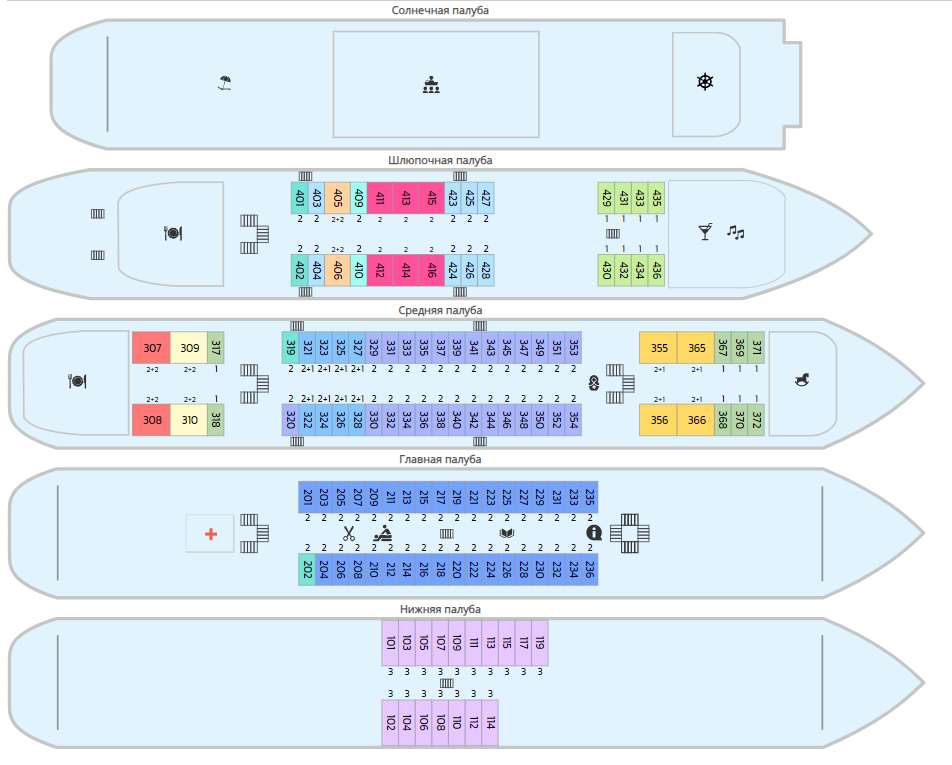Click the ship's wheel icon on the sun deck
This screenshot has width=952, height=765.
pos(705,82)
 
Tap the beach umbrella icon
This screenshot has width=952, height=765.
pos(225,83)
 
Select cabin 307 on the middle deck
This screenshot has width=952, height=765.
pos(152,348)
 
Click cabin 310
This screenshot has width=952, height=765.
pos(189,420)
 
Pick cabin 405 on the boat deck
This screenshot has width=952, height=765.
pos(337,198)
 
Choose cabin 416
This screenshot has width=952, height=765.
pos(431,270)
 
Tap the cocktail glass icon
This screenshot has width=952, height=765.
pos(705,232)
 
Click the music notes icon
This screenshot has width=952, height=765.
pos(736,232)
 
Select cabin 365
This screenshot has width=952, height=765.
pos(695,348)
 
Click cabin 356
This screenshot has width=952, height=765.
pos(659,420)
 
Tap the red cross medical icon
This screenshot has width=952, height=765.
pos(211,534)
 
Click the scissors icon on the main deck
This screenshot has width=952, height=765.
pos(349,533)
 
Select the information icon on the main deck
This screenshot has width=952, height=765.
pos(594,532)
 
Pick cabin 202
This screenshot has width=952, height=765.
pos(307,570)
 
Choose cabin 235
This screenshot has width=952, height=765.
pos(590,497)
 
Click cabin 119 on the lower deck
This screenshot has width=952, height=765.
pos(540,643)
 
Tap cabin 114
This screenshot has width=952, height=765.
pos(490,723)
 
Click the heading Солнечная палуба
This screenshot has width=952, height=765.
pos(441,10)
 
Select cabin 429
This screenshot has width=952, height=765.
pos(606,198)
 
